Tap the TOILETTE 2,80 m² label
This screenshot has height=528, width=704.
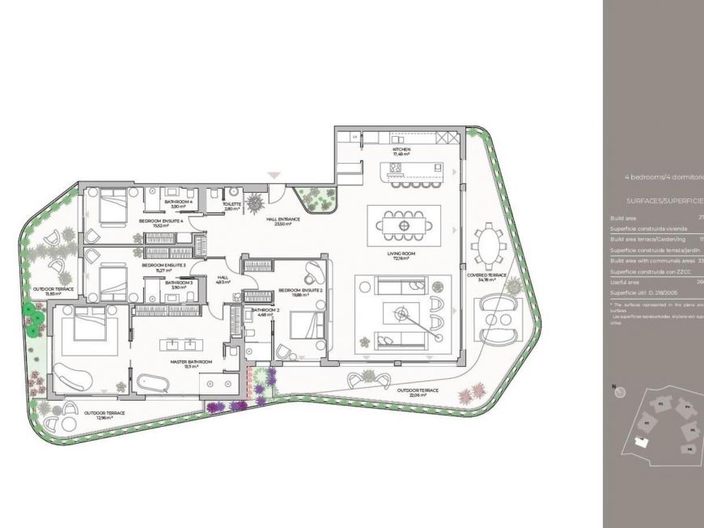click(232, 207)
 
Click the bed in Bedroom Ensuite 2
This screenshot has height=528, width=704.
click(307, 327)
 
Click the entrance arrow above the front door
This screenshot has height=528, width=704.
click(274, 175)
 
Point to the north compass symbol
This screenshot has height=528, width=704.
click(621, 392)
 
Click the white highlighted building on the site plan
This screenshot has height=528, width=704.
click(643, 442)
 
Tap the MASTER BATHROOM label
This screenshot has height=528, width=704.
click(191, 364)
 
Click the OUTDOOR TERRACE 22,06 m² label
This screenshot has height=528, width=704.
click(418, 392)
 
